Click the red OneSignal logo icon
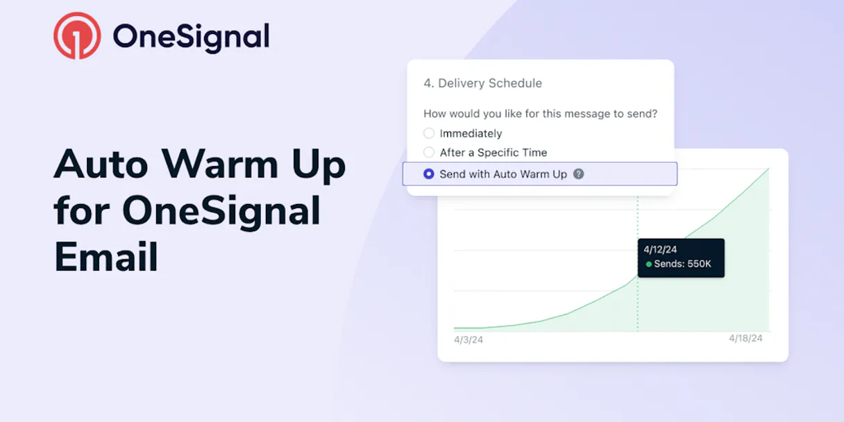point(77,35)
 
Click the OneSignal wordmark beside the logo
point(191,36)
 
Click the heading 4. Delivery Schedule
point(483,83)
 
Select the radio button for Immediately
point(429,133)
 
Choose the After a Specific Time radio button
point(429,153)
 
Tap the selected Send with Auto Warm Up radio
point(429,174)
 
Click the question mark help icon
point(578,174)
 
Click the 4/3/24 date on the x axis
point(469,340)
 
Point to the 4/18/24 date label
point(745,338)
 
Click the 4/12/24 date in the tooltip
point(659,250)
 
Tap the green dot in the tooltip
point(649,264)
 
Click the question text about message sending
point(540,114)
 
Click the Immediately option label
point(471,133)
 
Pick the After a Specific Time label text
point(493,153)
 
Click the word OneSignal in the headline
point(221,211)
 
